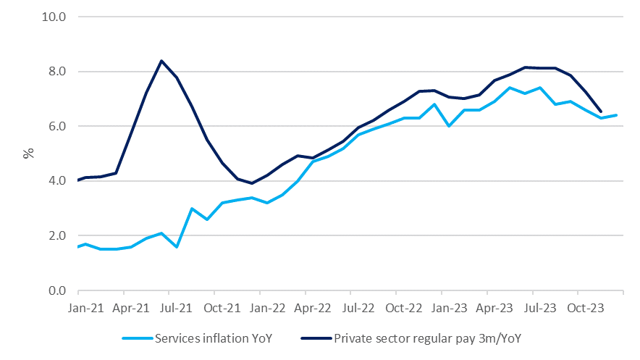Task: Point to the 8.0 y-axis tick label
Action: [58, 72]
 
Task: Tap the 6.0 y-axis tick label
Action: [58, 126]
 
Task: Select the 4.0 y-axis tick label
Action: [58, 181]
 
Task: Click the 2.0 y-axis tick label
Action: [58, 236]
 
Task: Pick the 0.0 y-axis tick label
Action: [58, 291]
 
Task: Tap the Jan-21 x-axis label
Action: [85, 307]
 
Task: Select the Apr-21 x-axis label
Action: [131, 307]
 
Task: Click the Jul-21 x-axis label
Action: [177, 307]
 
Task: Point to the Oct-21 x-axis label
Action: [222, 307]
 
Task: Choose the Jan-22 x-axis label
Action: [267, 307]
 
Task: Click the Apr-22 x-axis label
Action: [313, 307]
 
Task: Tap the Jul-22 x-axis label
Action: [358, 307]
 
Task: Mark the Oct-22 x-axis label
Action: [403, 307]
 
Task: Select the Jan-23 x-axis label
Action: [449, 307]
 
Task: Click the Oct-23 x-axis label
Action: [585, 307]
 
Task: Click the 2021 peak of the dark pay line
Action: [161, 61]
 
